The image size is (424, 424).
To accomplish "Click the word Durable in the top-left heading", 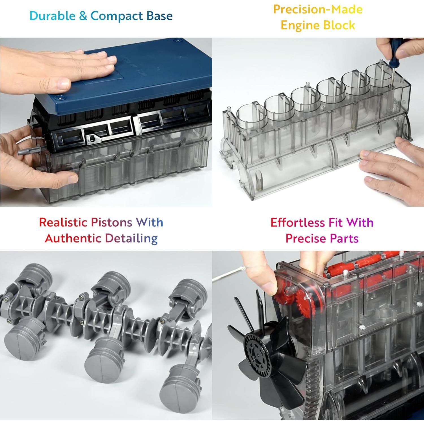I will (53, 16).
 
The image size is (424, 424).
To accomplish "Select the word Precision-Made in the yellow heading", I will (318, 9).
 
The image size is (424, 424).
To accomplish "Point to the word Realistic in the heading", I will (63, 222).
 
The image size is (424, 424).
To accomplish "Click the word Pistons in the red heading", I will (111, 222).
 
